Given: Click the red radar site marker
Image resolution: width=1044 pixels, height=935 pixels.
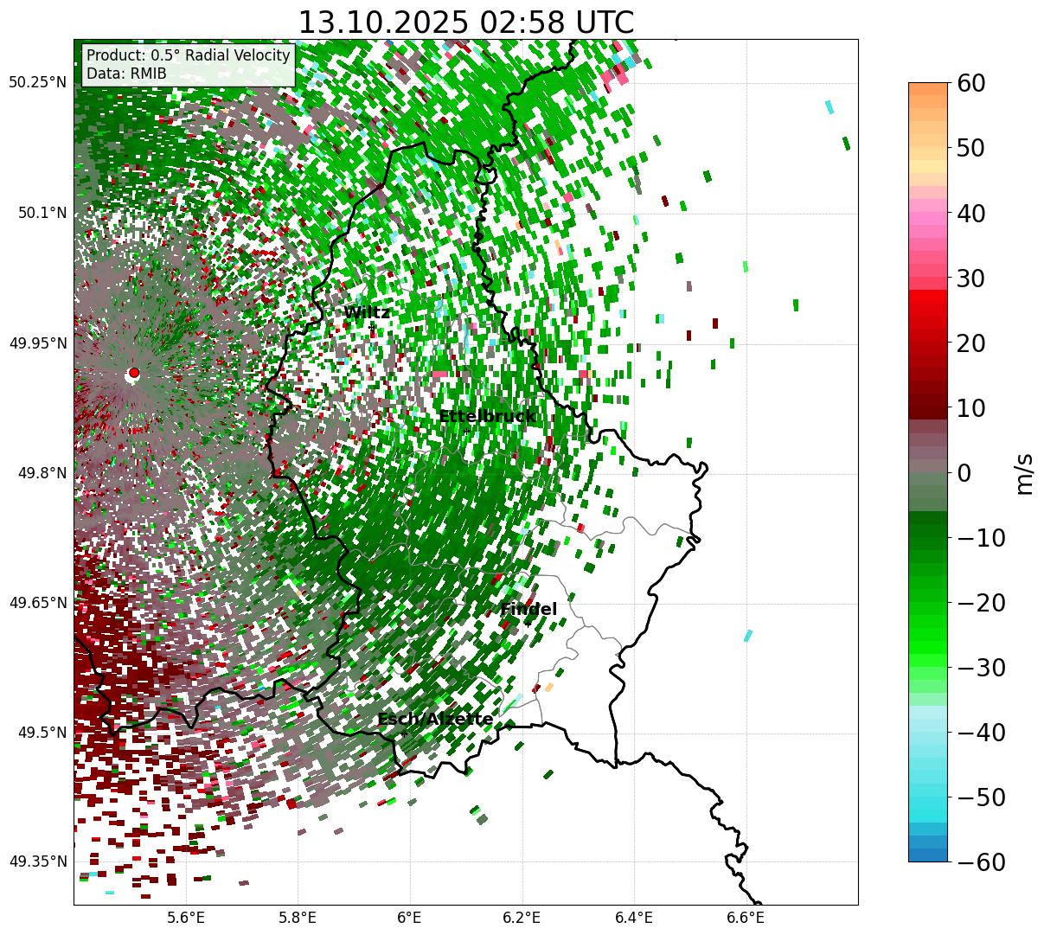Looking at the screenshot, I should tap(133, 373).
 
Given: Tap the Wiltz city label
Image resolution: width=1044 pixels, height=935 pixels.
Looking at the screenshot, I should tap(367, 313).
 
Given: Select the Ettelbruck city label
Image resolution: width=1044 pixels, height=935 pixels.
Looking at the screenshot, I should tap(487, 417).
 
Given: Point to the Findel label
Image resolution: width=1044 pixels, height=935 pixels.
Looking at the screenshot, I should tap(528, 610).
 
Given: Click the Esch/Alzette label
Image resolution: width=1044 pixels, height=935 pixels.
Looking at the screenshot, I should tap(435, 720).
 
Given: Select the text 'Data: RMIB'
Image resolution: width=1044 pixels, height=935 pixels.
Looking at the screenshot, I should tap(126, 74).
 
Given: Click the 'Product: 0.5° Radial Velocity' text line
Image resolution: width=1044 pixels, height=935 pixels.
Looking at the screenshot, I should tap(188, 56).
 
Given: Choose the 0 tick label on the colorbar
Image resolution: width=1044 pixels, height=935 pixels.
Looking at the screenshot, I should tap(964, 473).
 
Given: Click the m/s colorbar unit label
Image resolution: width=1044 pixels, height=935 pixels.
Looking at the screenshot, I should tap(1025, 472).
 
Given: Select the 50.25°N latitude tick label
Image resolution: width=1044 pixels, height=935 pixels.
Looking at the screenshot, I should tap(38, 83).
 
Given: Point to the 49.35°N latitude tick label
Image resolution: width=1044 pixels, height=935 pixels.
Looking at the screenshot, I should tap(38, 861).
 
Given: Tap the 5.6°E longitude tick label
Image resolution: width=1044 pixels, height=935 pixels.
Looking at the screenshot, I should tap(186, 918).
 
